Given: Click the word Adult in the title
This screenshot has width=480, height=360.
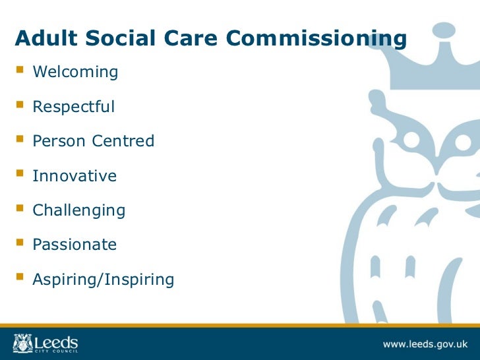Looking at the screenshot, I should (41, 39).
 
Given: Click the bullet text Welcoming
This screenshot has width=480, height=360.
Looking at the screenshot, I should (75, 72).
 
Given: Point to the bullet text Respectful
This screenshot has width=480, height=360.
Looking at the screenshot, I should (73, 107).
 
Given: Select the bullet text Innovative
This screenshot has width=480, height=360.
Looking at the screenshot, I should (75, 176).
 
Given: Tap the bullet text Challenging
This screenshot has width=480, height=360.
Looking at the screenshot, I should (78, 211).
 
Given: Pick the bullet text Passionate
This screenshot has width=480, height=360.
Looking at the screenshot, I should (75, 245).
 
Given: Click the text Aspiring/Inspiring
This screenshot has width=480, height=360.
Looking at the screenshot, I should (103, 280).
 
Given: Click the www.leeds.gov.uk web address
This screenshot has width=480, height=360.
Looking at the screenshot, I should (425, 344).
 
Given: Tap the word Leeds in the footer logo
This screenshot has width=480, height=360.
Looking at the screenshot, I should (55, 342).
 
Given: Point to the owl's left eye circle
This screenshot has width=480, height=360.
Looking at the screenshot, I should (412, 140).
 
